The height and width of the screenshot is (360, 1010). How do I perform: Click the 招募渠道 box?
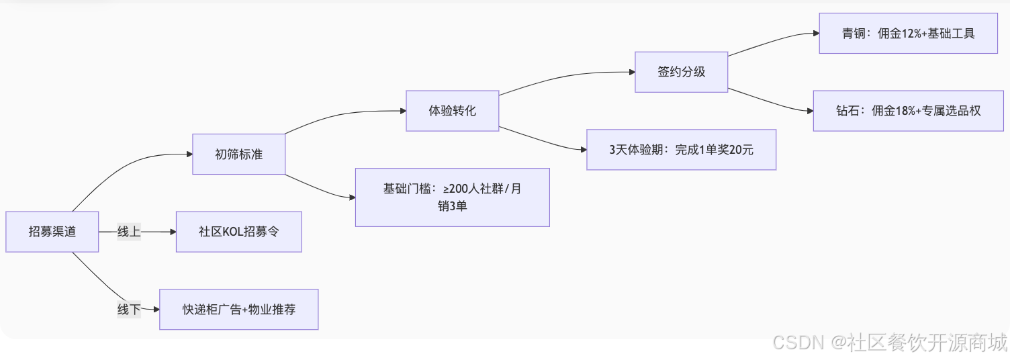pyautogui.click(x=52, y=232)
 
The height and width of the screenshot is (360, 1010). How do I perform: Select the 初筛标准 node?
pyautogui.click(x=238, y=154)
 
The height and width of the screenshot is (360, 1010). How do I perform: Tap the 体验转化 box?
pyautogui.click(x=452, y=111)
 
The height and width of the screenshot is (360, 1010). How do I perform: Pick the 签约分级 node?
pyautogui.click(x=681, y=72)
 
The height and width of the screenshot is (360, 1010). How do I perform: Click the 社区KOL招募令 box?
pyautogui.click(x=238, y=232)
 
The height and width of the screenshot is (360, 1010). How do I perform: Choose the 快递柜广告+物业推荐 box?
pyautogui.click(x=238, y=310)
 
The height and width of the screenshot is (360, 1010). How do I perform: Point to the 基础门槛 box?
pyautogui.click(x=452, y=197)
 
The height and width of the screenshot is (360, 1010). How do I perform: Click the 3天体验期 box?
pyautogui.click(x=681, y=150)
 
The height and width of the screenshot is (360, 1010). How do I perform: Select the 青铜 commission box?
pyautogui.click(x=908, y=34)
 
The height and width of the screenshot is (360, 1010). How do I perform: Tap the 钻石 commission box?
pyautogui.click(x=908, y=111)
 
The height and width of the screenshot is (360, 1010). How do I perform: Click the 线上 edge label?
pyautogui.click(x=128, y=232)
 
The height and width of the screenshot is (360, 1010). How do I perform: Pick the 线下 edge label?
pyautogui.click(x=128, y=310)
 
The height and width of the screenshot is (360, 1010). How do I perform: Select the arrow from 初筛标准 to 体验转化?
pyautogui.click(x=342, y=116)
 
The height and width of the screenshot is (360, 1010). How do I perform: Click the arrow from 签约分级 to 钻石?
pyautogui.click(x=772, y=102)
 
